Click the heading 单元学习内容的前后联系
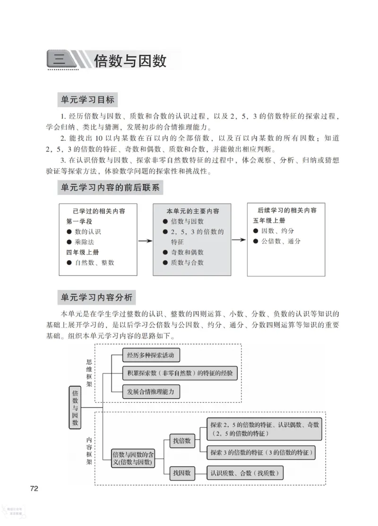tap(110, 187)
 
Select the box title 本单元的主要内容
tap(193, 211)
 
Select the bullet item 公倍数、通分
tap(281, 241)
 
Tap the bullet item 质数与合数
tap(187, 263)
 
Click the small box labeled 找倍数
tap(181, 441)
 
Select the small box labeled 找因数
tap(181, 472)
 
